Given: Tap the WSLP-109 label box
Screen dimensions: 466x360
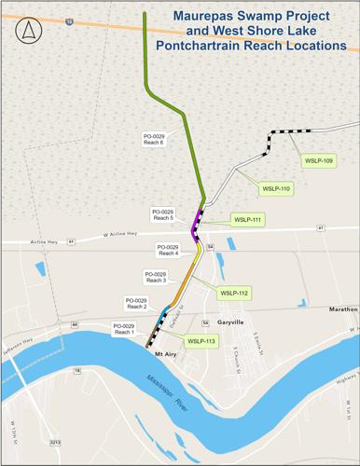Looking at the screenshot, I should tap(319, 160).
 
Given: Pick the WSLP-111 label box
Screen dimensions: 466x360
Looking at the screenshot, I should tap(247, 219).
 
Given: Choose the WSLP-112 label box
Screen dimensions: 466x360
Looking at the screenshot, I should tap(233, 293).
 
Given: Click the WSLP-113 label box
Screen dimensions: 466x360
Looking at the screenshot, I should tap(201, 341).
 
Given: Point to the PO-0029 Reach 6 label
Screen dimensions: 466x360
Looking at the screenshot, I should tap(156, 138).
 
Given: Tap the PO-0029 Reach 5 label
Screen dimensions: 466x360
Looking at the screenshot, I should tap(162, 215).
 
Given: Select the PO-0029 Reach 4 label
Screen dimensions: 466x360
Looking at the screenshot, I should tap(168, 250).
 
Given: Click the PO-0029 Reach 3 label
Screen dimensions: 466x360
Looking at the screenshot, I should tap(156, 277).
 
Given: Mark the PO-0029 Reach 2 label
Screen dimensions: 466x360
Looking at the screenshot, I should tap(137, 303).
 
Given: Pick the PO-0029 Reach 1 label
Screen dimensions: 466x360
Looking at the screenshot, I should tap(124, 328).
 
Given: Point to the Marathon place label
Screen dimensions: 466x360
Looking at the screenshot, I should tap(342, 308).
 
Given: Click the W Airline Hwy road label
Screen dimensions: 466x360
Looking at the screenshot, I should tap(119, 236).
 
